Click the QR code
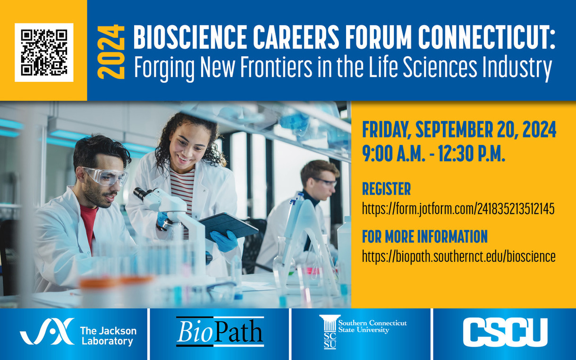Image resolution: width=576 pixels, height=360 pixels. tap(44, 52)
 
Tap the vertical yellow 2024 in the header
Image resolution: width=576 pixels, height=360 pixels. tap(111, 51)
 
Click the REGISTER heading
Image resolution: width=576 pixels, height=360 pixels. tap(386, 189)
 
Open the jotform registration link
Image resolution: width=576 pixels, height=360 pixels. tap(458, 209)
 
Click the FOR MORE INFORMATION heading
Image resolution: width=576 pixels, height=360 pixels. tap(425, 237)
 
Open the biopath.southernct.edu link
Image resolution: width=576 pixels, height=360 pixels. tap(459, 257)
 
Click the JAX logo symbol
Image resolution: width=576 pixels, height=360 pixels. tap(47, 331)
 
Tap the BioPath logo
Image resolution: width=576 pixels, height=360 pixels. tap(220, 332)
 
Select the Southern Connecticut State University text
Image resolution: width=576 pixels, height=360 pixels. tap(373, 326)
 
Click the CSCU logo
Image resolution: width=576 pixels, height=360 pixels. tap(505, 332)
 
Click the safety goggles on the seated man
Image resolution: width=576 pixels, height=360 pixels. tap(105, 176)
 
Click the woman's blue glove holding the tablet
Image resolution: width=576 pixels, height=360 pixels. tap(224, 241)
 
